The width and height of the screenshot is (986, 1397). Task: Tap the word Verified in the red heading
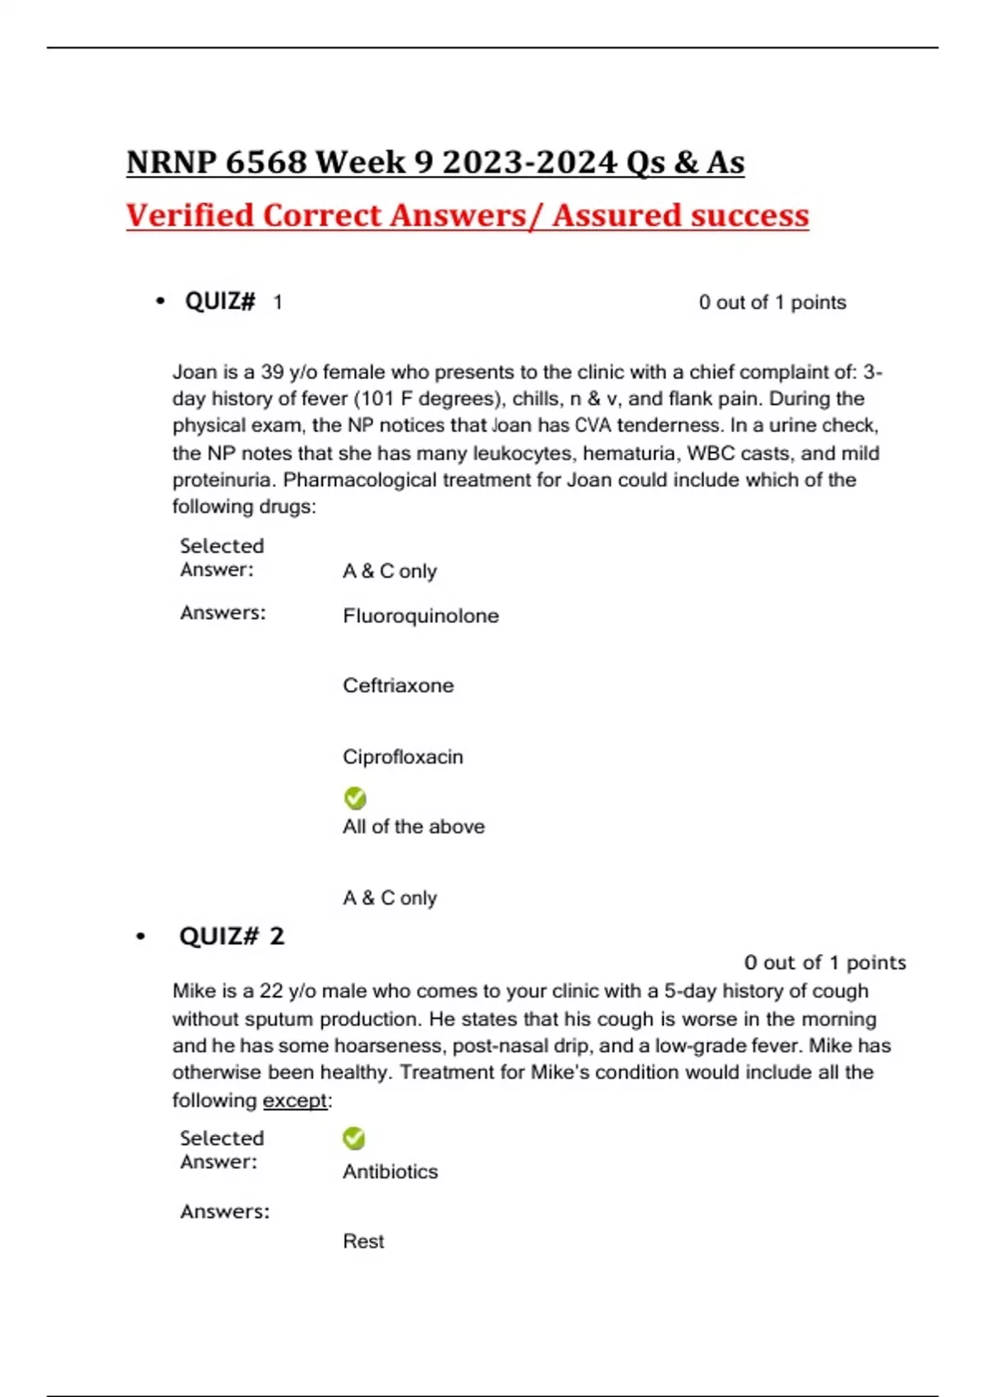(x=190, y=215)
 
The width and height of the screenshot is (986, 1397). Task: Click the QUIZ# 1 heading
(x=233, y=302)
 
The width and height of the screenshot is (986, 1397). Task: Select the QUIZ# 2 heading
(x=231, y=936)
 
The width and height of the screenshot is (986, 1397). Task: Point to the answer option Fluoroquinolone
(x=421, y=616)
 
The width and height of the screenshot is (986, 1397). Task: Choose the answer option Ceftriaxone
(x=398, y=685)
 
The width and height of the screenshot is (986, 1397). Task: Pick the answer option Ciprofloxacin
(x=403, y=757)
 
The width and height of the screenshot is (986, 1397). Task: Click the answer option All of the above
(x=413, y=827)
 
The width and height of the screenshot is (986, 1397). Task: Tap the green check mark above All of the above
(x=355, y=798)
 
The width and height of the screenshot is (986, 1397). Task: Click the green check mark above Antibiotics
(x=354, y=1138)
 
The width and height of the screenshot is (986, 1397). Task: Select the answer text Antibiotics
(x=390, y=1171)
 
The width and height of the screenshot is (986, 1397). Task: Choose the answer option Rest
(x=363, y=1241)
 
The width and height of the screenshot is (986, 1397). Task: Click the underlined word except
(x=295, y=1100)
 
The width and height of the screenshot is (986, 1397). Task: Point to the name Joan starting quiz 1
(x=194, y=371)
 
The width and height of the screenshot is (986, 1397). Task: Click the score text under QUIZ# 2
(x=824, y=962)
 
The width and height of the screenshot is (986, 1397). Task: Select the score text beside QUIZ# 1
(x=772, y=302)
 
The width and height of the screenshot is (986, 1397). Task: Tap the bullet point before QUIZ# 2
(x=141, y=936)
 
